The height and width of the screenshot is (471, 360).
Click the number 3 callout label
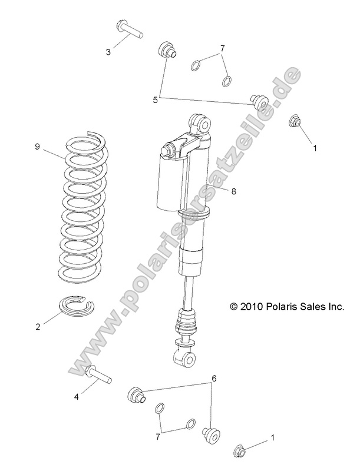click(108, 52)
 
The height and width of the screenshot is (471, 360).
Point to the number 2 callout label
click(38, 327)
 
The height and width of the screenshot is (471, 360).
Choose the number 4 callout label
click(76, 396)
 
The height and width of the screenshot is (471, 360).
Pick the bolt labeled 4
click(97, 374)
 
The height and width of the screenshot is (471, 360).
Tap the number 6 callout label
click(214, 379)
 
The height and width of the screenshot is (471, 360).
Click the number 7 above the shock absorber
click(222, 48)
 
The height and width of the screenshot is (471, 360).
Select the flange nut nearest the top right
click(295, 122)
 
